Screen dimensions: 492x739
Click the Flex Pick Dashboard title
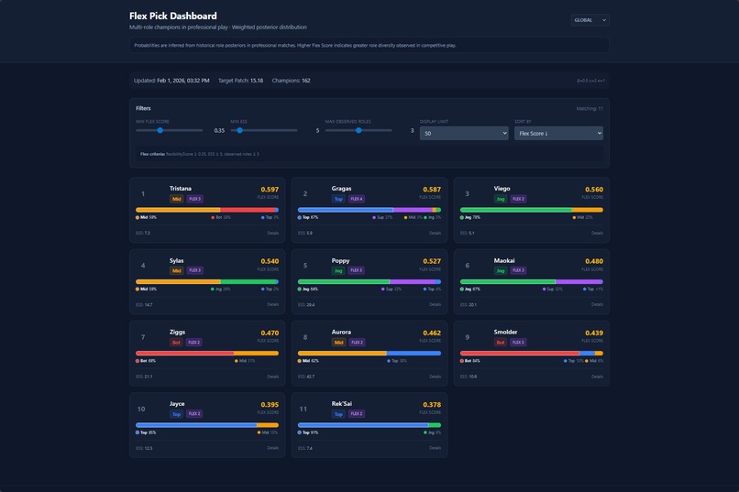(x=173, y=16)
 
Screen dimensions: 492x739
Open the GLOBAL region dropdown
(x=590, y=20)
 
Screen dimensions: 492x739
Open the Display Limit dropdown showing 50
(x=463, y=133)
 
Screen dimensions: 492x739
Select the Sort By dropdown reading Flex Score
(x=557, y=133)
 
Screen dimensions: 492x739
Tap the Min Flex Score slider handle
(x=160, y=130)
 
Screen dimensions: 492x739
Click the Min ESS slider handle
(x=240, y=130)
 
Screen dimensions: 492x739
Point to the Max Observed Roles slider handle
(x=358, y=130)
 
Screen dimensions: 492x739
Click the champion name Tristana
(x=181, y=189)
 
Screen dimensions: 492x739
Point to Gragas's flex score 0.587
(x=431, y=190)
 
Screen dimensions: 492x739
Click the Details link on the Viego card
(x=597, y=233)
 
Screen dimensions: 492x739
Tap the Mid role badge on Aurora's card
(x=338, y=343)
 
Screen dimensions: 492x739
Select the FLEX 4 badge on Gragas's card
(x=356, y=199)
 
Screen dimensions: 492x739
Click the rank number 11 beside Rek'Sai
(x=303, y=409)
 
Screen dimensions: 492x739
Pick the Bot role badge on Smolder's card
(x=501, y=343)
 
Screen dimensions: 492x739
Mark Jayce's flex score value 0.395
(x=269, y=404)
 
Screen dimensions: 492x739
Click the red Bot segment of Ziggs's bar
(x=184, y=353)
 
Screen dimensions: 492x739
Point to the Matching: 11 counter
(x=589, y=108)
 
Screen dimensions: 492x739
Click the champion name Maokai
(x=503, y=260)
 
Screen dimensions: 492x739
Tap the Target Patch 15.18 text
(x=240, y=81)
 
